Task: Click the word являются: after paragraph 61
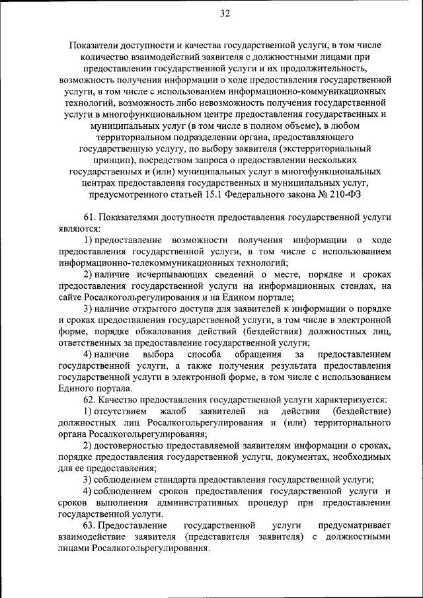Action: (79, 229)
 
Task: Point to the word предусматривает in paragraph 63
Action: (354, 525)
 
